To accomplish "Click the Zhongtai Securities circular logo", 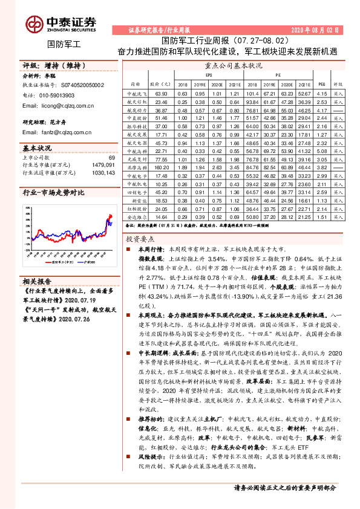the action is click(33, 24).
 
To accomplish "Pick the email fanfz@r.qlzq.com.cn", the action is click(65, 132).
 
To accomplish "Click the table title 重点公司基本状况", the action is click(234, 65).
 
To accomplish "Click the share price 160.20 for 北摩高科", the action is click(161, 166).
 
